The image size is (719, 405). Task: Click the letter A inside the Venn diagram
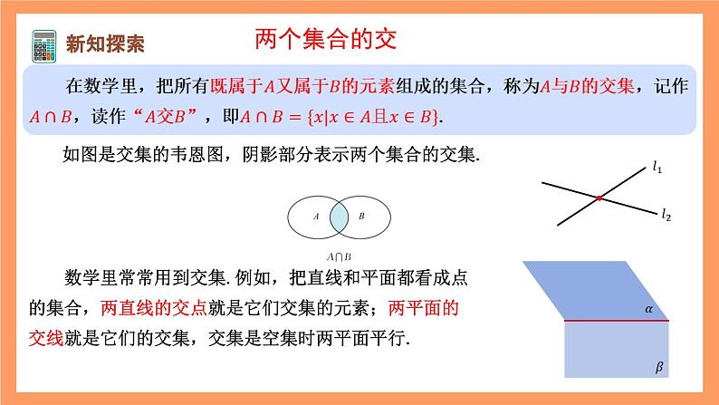point(315,217)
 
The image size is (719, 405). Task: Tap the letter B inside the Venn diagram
point(361,217)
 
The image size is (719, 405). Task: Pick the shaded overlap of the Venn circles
point(339,217)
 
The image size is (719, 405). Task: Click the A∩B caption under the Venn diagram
point(339,256)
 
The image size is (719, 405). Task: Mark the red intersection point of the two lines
point(599,198)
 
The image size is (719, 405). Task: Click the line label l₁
point(657,167)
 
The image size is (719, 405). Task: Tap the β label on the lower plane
point(658,368)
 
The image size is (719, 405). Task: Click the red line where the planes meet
point(616,321)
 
